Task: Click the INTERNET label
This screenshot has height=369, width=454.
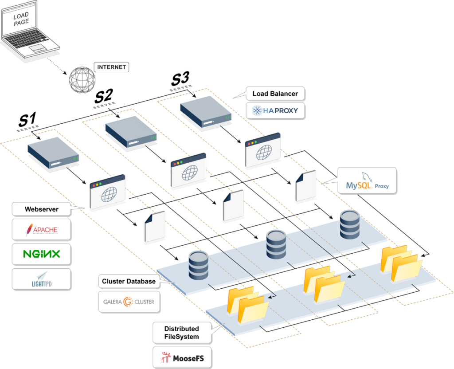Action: (112, 67)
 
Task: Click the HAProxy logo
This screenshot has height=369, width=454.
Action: (275, 110)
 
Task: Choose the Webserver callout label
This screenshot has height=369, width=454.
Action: (42, 209)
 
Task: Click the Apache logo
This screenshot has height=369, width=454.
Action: (42, 230)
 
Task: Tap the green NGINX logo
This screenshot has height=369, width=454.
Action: (42, 254)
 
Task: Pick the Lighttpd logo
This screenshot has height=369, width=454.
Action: (42, 279)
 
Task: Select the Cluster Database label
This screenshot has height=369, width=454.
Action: (129, 281)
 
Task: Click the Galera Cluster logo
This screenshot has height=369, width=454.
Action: (129, 302)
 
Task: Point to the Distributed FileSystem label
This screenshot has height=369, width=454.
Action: (181, 333)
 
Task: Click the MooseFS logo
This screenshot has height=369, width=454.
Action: (181, 358)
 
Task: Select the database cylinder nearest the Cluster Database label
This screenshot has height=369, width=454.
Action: (198, 264)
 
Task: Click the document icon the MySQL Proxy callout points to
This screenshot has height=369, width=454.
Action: (305, 187)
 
